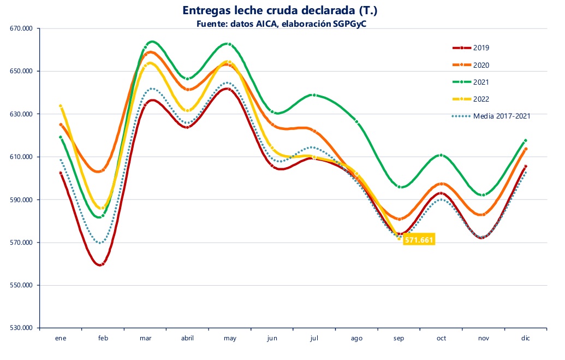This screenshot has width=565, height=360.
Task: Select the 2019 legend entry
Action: pyautogui.click(x=481, y=48)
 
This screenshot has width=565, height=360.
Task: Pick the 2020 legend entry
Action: pyautogui.click(x=481, y=65)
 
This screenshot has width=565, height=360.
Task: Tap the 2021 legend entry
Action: pyautogui.click(x=481, y=82)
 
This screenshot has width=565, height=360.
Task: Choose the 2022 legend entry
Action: pyautogui.click(x=481, y=99)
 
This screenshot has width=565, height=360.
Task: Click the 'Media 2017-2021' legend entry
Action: pyautogui.click(x=502, y=116)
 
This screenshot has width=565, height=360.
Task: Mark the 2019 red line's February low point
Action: pyautogui.click(x=102, y=264)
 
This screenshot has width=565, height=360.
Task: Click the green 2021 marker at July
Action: pyautogui.click(x=314, y=95)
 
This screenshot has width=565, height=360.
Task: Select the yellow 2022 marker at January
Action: pyautogui.click(x=61, y=106)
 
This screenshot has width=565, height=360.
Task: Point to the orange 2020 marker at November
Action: pyautogui.click(x=483, y=214)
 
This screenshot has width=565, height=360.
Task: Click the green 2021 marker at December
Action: pyautogui.click(x=525, y=140)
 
